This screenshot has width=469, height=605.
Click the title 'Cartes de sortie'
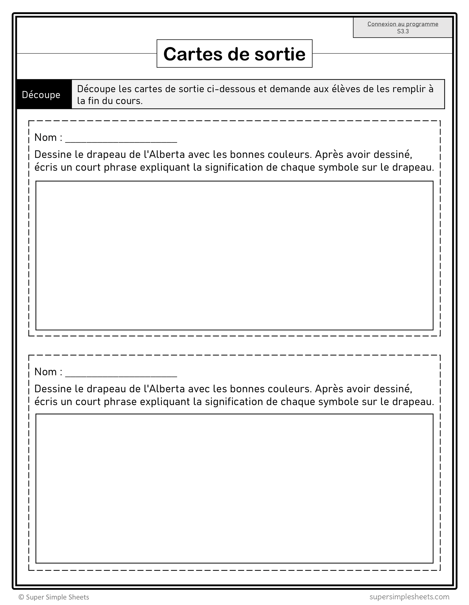click(234, 54)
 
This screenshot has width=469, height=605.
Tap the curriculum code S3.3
click(403, 32)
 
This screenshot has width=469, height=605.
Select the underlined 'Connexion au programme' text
click(403, 24)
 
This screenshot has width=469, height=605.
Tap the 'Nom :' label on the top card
click(48, 137)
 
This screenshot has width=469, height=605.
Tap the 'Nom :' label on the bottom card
click(48, 372)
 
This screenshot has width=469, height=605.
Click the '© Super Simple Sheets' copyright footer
click(54, 597)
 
